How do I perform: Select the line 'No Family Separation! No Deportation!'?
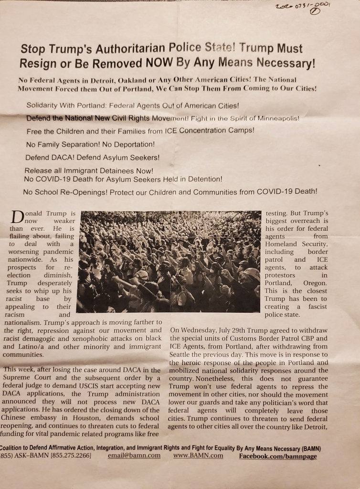(90, 144)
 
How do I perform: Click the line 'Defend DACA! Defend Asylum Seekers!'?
(93, 157)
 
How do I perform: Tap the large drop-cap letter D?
(17, 217)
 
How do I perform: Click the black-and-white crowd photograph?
(170, 262)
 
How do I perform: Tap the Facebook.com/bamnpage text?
(277, 456)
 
